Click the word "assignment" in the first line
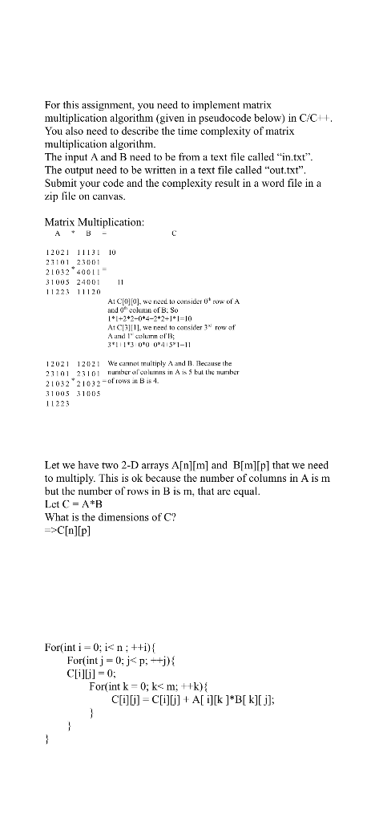coord(100,105)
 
